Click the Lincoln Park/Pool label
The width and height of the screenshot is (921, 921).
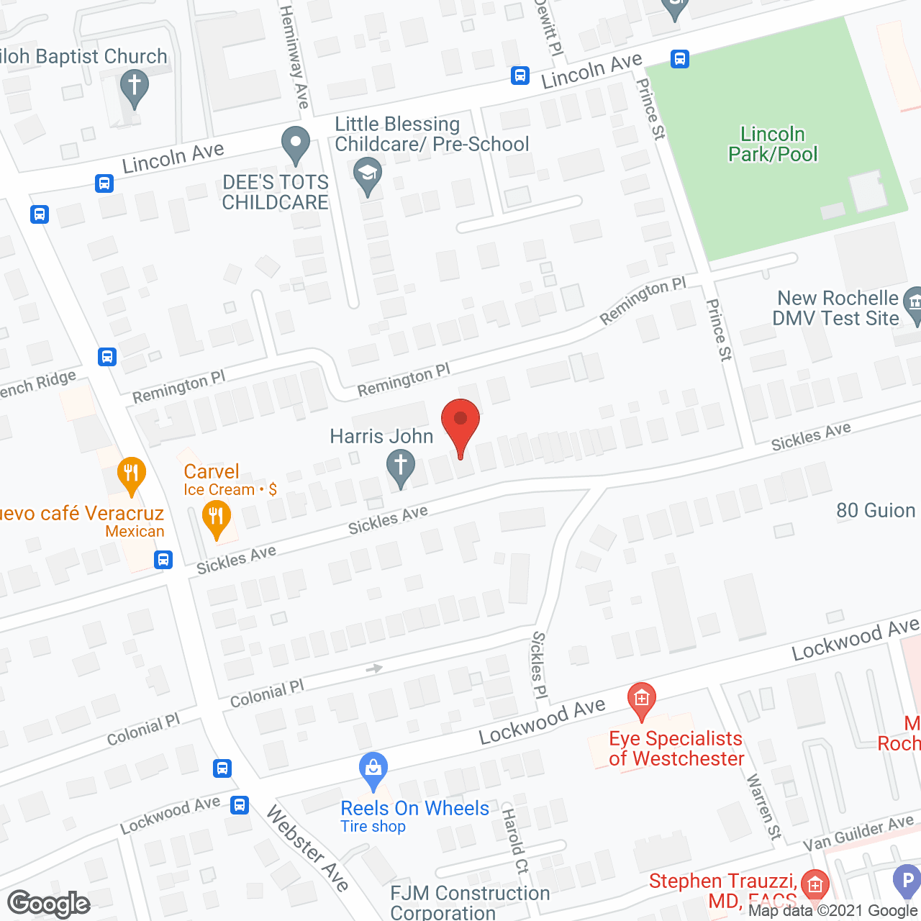click(773, 144)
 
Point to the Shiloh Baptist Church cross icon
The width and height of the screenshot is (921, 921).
click(134, 86)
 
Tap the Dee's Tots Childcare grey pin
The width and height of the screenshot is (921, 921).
click(295, 143)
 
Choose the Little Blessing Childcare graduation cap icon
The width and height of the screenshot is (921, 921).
click(368, 175)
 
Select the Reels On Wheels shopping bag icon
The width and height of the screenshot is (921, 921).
click(373, 770)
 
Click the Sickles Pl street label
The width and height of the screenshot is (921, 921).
click(539, 665)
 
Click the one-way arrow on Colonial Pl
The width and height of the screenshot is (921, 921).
click(374, 668)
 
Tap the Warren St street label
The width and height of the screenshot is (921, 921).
click(763, 807)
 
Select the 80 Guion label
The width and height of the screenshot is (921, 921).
click(876, 510)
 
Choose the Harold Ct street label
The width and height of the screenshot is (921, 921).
click(514, 841)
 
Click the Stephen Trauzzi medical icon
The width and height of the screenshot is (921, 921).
click(815, 884)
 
